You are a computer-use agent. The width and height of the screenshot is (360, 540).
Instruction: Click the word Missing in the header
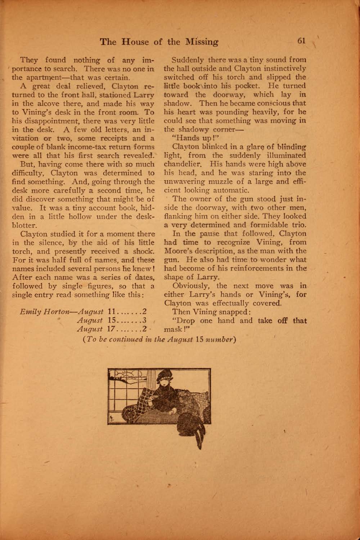201,42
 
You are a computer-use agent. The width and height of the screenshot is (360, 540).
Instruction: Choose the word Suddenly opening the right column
186,60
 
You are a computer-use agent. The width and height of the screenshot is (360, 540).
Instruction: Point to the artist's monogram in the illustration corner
112,419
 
